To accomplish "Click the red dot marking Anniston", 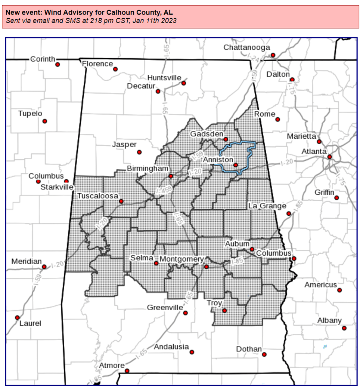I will (236, 165).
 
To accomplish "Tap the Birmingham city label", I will (148, 169).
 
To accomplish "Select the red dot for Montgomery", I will (206, 267).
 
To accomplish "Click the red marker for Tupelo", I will (45, 121).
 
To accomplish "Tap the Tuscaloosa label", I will (97, 196).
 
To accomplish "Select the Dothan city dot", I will (264, 354).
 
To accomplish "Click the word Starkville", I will (57, 187).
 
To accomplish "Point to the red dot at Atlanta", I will (329, 157).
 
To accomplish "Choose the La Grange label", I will (267, 206).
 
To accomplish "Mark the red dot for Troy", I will (224, 311).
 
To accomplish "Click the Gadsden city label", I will (207, 134).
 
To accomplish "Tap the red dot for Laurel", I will (17, 317).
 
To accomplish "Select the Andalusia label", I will (171, 347).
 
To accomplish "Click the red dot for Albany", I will (344, 328).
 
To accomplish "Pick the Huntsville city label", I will (164, 78).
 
